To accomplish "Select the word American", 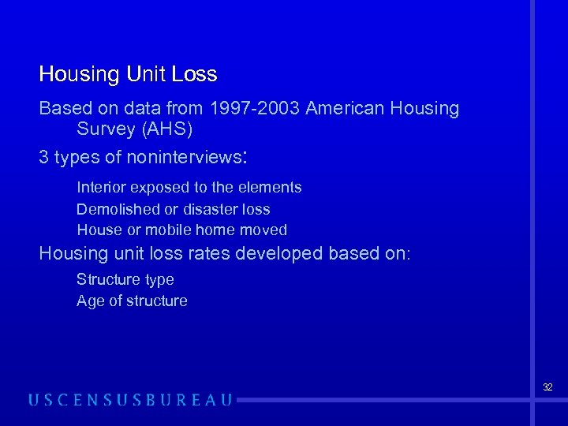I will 342,108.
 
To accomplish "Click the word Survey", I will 104,129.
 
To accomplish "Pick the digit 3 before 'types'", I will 44,157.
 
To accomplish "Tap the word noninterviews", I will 184,157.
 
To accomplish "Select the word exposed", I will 156,188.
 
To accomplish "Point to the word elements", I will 271,188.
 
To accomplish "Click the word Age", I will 90,301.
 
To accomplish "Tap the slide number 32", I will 547,387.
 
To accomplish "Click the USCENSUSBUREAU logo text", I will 130,400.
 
